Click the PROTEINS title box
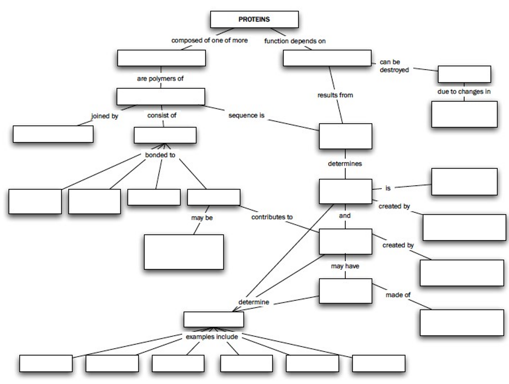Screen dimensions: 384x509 [x=254, y=19]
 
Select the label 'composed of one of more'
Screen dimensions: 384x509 [x=209, y=40]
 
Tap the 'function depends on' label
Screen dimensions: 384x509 [x=295, y=41]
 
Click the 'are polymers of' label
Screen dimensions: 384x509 [x=160, y=79]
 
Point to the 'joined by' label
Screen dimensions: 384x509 [x=105, y=116]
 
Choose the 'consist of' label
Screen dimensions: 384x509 [x=162, y=115]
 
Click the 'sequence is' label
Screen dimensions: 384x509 [x=246, y=115]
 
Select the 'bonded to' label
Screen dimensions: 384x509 [x=160, y=155]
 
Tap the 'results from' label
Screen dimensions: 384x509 [x=335, y=95]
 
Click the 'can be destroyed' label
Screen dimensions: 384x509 [x=394, y=66]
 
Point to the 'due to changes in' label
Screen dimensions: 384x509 [x=464, y=92]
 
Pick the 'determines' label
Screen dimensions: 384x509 [x=345, y=163]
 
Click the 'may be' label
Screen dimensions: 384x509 [x=202, y=218]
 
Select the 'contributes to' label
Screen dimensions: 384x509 [x=272, y=217]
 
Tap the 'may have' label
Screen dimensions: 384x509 [x=345, y=266]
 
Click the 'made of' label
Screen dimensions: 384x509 [x=398, y=295]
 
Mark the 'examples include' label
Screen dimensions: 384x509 [x=212, y=337]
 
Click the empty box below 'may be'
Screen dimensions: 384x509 [x=184, y=252]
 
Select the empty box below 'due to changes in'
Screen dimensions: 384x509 [x=464, y=114]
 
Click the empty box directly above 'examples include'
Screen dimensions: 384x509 [x=213, y=320]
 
